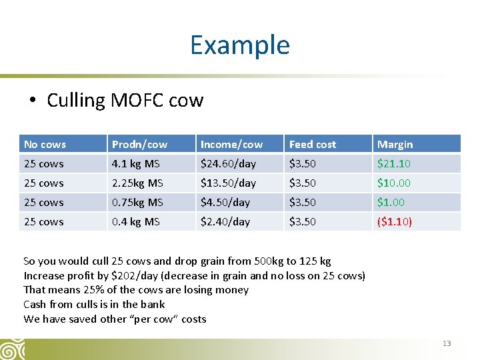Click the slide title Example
pos(239,45)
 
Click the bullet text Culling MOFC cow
pos(125,100)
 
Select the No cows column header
pos(45,144)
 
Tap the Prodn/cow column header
pos(139,144)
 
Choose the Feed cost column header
pos(312,144)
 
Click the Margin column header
pos(395,144)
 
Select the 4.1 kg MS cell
pos(135,163)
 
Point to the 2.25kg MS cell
pos(137,183)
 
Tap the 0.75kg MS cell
pos(137,202)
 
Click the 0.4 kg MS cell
pos(135,221)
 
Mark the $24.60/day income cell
pos(228,163)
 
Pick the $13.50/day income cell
pos(228,183)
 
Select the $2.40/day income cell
pos(225,221)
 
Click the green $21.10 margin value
pos(393,163)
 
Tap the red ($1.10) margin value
pos(395,221)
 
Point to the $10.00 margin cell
pos(393,183)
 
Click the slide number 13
pos(447,343)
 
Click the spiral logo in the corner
pos(11,349)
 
